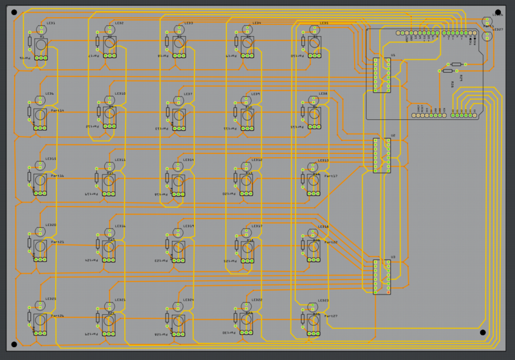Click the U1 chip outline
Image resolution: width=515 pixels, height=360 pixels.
382,76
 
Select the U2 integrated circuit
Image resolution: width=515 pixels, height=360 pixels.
382,155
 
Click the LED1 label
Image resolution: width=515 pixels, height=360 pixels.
50,24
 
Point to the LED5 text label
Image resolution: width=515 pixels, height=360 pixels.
324,24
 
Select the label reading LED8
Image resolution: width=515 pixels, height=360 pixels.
324,94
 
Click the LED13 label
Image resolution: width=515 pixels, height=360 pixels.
324,160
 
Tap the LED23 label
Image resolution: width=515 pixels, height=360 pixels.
324,300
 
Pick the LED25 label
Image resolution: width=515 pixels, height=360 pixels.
50,299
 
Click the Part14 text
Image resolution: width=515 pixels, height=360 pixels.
58,111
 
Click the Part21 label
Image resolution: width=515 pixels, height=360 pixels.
58,242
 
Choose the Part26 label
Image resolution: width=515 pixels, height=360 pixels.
58,316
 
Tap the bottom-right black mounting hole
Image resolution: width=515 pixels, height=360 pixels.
483,332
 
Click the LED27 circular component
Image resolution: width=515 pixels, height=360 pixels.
487,36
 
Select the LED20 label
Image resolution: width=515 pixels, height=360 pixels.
50,225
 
